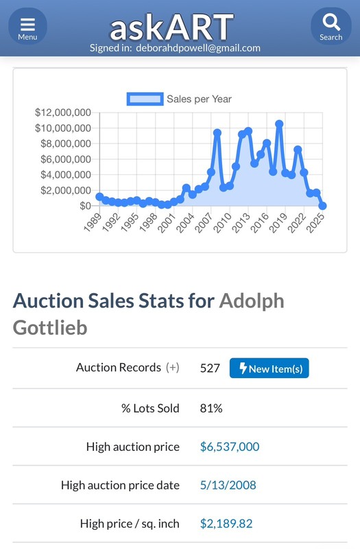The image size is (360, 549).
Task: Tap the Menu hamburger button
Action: tap(27, 26)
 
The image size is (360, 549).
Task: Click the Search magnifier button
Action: tap(331, 26)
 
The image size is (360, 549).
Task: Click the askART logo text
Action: tap(172, 27)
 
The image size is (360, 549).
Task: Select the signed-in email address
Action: tap(198, 48)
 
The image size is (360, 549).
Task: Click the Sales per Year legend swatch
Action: tap(145, 99)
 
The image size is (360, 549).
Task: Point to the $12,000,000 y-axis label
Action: tap(63, 113)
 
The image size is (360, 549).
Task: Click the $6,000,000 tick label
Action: tap(66, 159)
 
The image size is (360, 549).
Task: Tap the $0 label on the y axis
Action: tap(85, 206)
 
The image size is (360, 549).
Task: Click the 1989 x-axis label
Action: tap(93, 222)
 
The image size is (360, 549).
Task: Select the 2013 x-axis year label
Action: tap(241, 222)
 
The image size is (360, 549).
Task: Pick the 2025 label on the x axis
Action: tap(315, 222)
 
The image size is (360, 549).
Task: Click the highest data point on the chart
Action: tap(279, 124)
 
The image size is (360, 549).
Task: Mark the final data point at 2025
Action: tap(322, 205)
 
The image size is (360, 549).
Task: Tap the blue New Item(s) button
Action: tap(269, 368)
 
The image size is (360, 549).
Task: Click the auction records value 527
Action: tap(210, 368)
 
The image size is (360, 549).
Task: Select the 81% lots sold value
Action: tap(211, 408)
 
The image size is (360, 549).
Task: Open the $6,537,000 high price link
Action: tap(230, 447)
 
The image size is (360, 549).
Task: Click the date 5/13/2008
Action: tap(228, 485)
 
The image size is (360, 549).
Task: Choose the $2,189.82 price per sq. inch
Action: tap(226, 524)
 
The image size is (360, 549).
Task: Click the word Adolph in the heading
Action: tap(252, 301)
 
